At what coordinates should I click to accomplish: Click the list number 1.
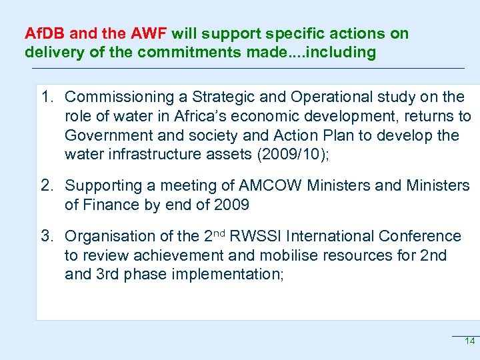pos(46,97)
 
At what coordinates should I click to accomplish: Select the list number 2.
pos(46,185)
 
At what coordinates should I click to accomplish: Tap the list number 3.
pos(46,236)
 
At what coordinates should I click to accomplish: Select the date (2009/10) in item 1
pos(293,155)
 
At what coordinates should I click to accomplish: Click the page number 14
pos(469,341)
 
